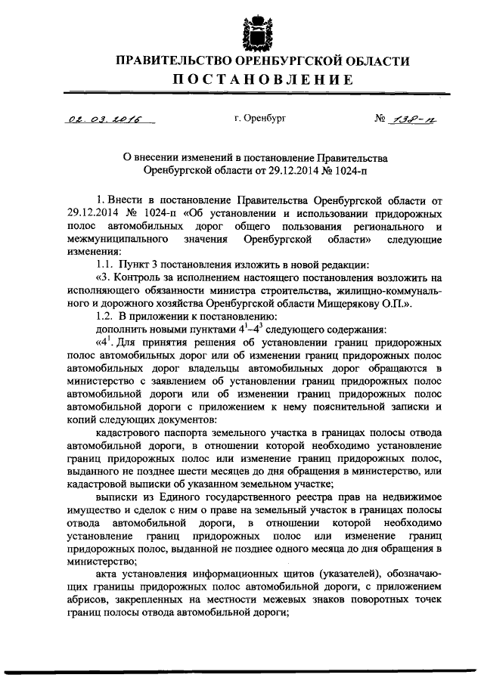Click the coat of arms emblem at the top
coord(256,29)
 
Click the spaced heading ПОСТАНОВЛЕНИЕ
coord(256,80)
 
